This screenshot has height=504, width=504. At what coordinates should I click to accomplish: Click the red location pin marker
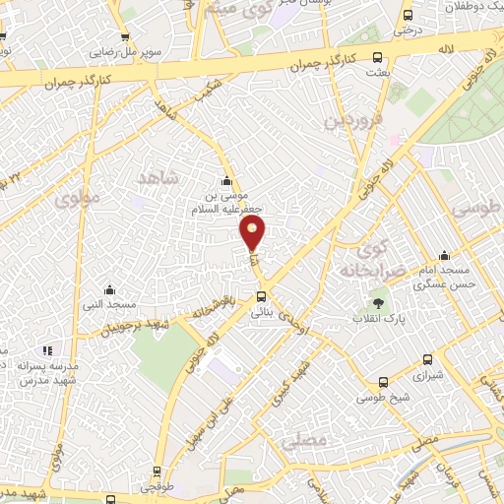pos(253,232)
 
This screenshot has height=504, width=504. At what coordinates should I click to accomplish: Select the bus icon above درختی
pos(408,15)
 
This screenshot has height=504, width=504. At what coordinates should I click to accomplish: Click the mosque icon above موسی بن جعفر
pos(227,181)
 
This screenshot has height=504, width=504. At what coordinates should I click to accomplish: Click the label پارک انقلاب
pos(381,320)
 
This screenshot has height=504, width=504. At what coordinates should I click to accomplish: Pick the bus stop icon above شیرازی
pos(426,360)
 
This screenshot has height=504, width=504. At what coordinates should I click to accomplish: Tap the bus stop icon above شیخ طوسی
pos(382,382)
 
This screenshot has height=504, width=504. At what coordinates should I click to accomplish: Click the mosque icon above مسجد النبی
pos(109,289)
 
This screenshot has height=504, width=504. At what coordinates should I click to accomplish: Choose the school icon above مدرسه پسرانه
pos(46,349)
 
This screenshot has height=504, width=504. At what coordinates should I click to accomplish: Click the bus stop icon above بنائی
pos(261,296)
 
